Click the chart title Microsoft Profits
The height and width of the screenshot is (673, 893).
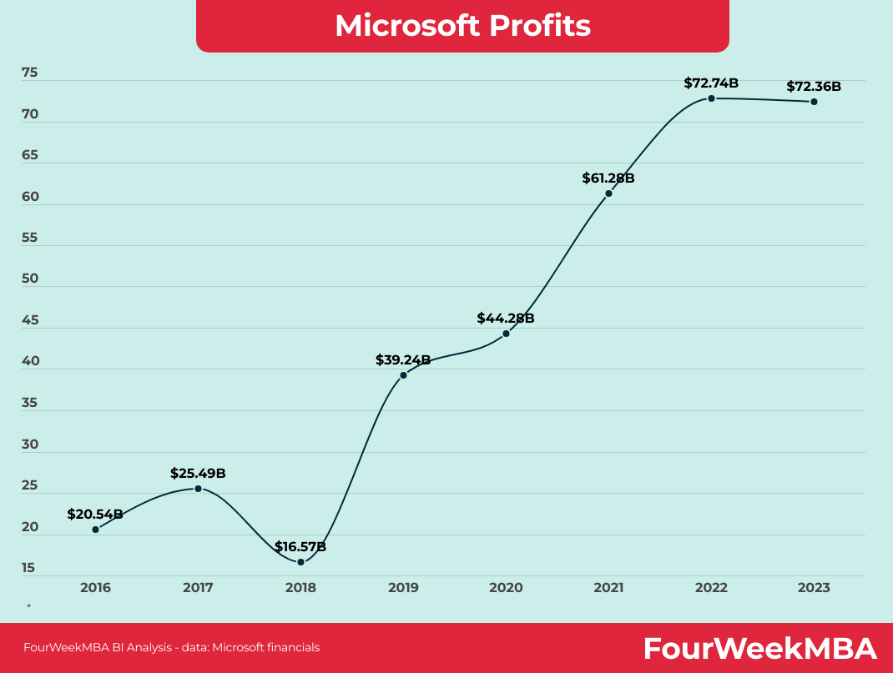click(x=462, y=26)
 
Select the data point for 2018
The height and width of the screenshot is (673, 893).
click(x=300, y=562)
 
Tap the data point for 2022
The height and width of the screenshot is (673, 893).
click(x=711, y=98)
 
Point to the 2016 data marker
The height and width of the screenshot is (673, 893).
click(x=95, y=530)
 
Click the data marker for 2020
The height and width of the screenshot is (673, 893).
click(x=506, y=334)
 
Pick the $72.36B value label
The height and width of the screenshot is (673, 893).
click(x=813, y=86)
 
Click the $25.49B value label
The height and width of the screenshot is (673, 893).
click(x=198, y=473)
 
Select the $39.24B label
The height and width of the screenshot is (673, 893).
click(x=403, y=359)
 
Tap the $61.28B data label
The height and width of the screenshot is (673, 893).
click(x=608, y=178)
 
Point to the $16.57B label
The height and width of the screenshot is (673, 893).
click(x=300, y=547)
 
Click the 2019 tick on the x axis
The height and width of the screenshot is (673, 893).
click(x=403, y=588)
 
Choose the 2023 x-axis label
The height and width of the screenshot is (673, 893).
click(x=814, y=588)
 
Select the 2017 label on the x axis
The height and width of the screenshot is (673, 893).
click(x=198, y=588)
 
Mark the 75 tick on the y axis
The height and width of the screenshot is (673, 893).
click(x=30, y=73)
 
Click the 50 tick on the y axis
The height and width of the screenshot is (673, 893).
click(x=30, y=279)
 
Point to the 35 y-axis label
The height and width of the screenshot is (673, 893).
click(x=30, y=403)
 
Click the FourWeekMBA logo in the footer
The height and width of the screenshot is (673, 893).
click(x=759, y=648)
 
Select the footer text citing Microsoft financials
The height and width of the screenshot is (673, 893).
click(x=171, y=647)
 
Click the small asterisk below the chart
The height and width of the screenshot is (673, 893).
click(x=28, y=606)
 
